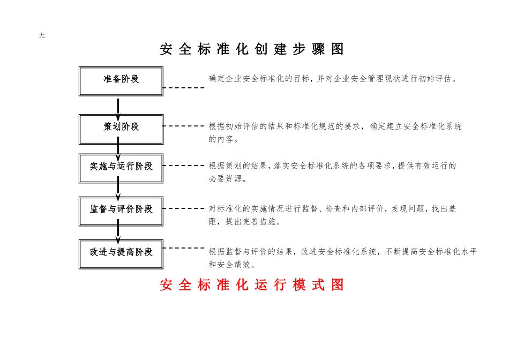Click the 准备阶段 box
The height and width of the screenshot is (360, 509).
121,81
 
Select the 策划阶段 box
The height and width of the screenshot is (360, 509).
121,129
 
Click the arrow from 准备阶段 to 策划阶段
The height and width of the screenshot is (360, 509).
118,106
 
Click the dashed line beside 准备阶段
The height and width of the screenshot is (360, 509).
184,87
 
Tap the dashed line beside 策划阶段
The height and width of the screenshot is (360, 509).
184,126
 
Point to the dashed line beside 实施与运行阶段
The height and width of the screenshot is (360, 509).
184,166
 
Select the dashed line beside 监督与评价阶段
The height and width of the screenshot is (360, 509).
184,208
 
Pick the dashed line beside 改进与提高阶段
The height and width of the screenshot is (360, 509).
184,248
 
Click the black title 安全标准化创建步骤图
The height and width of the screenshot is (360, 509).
252,49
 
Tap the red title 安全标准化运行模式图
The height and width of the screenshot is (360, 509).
252,285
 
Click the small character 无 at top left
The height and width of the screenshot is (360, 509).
42,36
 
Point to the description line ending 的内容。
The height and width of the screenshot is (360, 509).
223,140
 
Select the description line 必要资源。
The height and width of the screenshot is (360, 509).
228,179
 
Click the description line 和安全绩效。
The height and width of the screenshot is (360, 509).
232,265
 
